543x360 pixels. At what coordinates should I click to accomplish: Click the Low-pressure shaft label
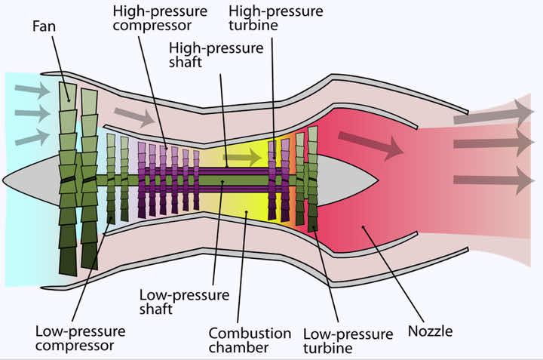pos(167,300)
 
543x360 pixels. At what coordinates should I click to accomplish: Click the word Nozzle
pos(431,331)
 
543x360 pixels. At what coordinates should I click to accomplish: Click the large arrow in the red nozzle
pos(370,144)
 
